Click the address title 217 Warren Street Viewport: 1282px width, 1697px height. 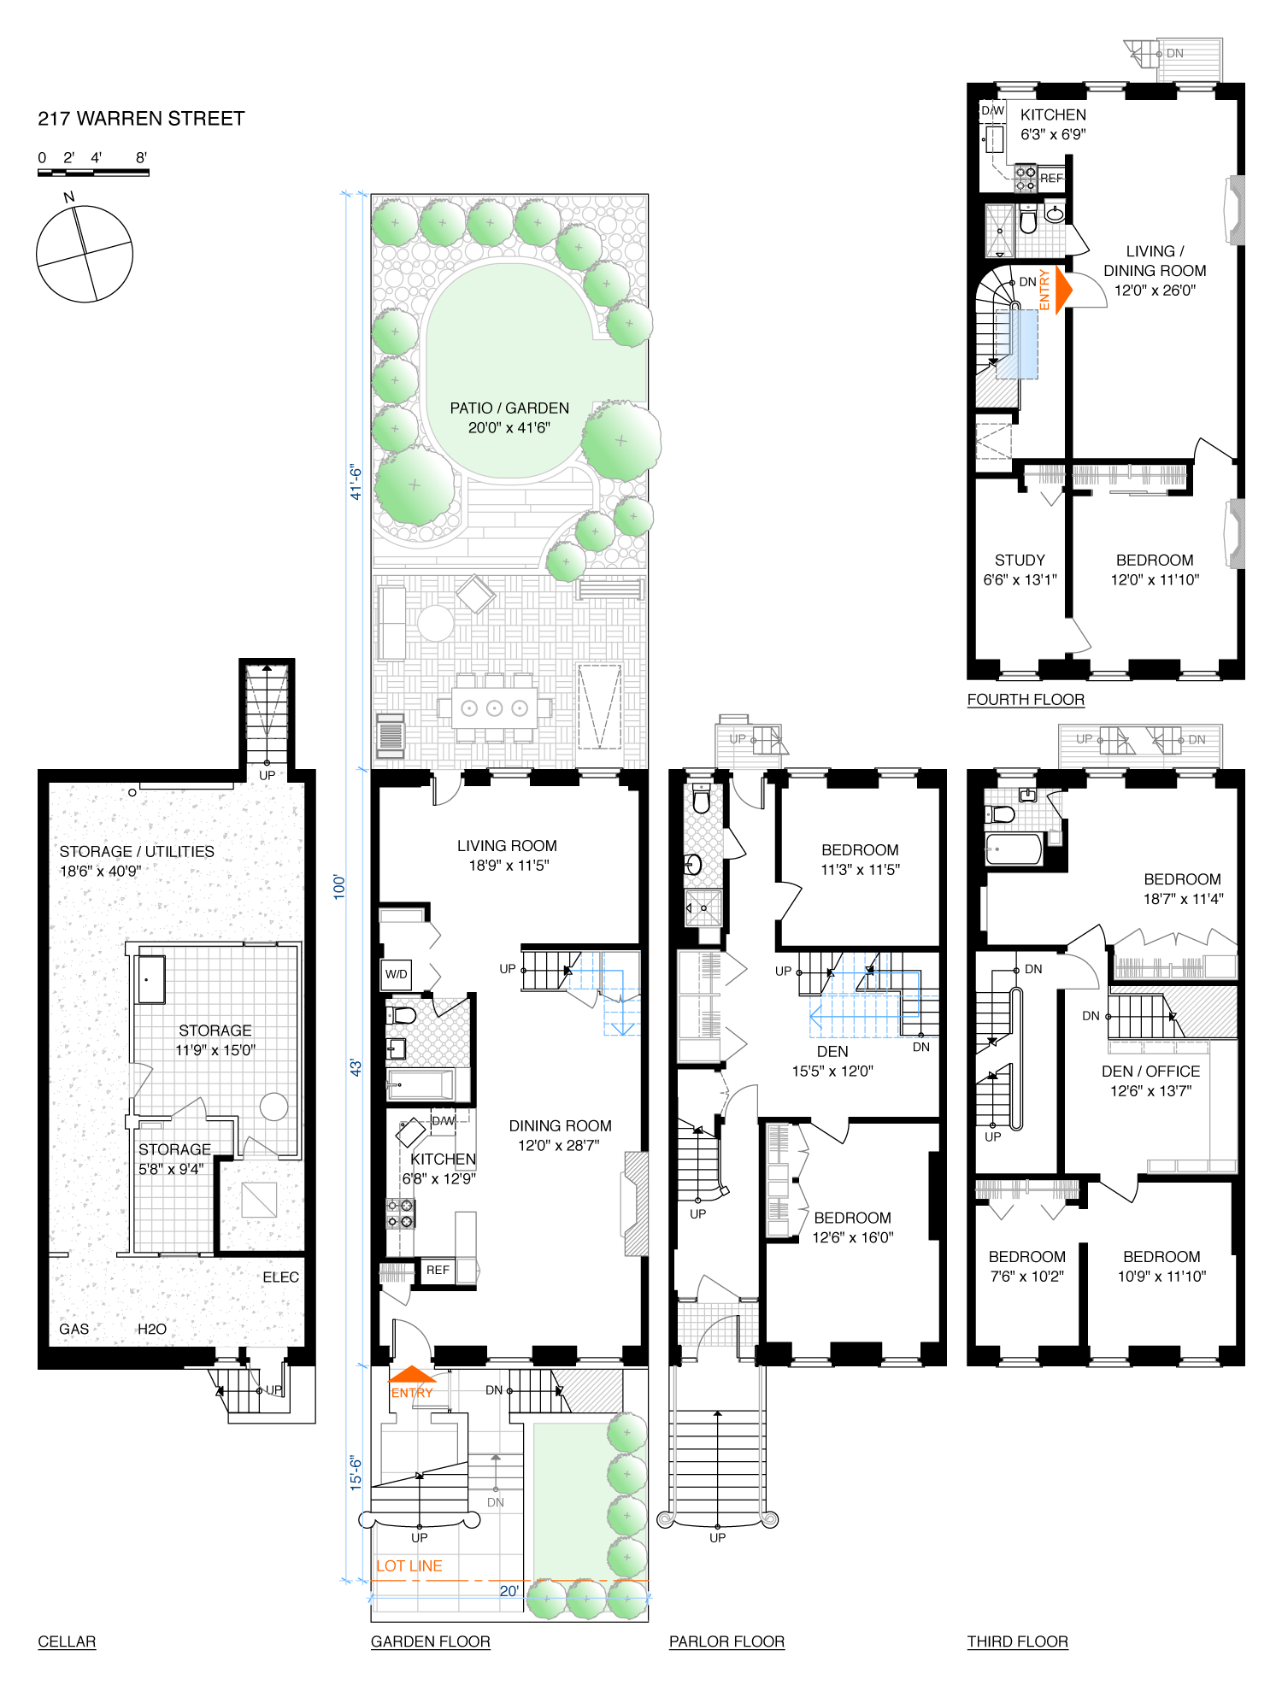[141, 119]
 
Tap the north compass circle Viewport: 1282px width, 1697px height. [85, 254]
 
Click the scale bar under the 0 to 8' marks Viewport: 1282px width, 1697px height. [93, 173]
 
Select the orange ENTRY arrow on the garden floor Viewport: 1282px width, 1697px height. [412, 1374]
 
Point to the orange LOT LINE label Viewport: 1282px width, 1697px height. [409, 1565]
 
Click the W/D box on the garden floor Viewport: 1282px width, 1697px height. [397, 974]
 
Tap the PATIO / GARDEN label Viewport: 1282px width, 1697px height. [509, 408]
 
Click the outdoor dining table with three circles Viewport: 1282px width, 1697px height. [494, 708]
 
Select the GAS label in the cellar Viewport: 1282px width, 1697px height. [74, 1329]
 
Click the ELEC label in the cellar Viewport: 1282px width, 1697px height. [280, 1277]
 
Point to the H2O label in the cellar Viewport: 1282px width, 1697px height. [152, 1329]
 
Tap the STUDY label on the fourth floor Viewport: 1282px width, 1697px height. [1020, 560]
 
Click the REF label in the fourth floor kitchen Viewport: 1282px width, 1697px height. [1051, 179]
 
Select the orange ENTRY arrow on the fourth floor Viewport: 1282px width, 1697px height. [1063, 290]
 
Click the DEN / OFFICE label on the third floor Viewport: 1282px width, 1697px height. [1150, 1071]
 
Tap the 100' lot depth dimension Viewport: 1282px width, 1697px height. [339, 886]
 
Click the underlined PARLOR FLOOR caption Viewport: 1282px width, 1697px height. [726, 1641]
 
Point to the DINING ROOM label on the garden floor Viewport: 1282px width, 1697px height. [560, 1125]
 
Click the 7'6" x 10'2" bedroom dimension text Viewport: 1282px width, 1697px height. [1026, 1276]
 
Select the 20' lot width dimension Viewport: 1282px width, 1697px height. [509, 1591]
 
